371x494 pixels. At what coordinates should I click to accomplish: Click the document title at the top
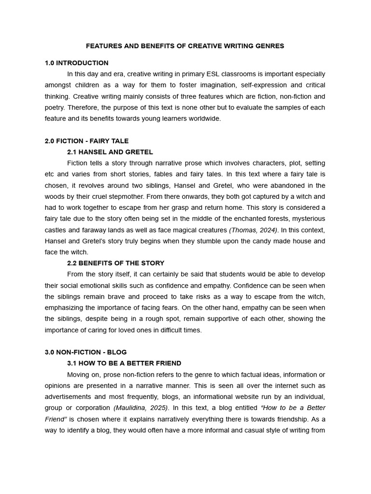point(185,46)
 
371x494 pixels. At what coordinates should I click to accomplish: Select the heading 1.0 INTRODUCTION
point(76,63)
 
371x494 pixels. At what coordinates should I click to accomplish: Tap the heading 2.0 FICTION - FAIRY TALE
point(86,141)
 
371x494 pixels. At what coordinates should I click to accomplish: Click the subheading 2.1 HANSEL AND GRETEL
point(110,152)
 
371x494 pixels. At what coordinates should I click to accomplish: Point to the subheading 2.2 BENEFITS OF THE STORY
point(115,263)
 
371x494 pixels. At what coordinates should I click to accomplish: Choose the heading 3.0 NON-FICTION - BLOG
point(86,352)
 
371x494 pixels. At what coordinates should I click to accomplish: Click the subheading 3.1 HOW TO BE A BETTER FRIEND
point(124,363)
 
